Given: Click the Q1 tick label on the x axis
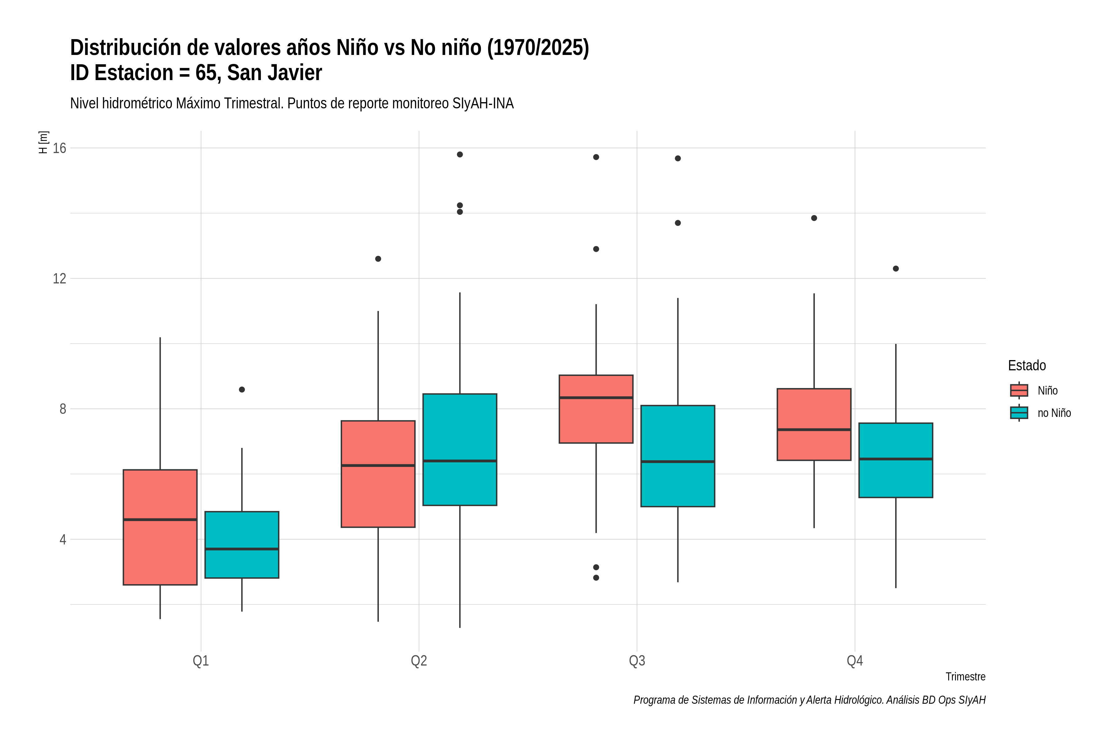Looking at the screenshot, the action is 200,661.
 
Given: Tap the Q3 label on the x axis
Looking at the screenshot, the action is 637,661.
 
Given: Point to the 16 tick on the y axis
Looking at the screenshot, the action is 59,148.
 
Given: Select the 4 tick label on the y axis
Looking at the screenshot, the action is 63,540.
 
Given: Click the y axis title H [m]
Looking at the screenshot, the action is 43,142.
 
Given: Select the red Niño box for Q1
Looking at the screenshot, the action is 160,527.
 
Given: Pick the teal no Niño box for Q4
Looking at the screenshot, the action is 896,460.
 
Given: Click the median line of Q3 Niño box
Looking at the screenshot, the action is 596,398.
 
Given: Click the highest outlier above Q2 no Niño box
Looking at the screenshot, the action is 460,154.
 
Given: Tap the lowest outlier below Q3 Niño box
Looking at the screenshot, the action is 596,578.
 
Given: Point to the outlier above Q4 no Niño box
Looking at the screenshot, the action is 896,269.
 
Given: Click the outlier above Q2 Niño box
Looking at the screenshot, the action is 378,259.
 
